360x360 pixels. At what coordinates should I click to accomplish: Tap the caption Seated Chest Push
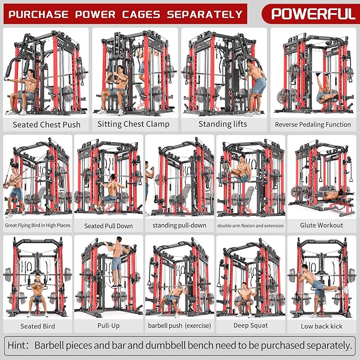pos(47,125)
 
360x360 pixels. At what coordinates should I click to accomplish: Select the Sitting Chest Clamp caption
pos(133,124)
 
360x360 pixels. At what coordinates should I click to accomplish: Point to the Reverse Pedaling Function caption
pos(313,125)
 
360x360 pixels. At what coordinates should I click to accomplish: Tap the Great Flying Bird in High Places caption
pos(37,225)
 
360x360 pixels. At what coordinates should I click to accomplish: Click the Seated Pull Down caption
pos(109,226)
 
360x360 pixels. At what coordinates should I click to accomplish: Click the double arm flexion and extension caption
pos(250,225)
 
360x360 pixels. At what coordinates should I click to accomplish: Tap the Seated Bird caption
pos(38,326)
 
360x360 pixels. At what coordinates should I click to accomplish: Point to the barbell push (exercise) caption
pos(179,325)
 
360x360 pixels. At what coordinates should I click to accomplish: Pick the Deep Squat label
pos(250,325)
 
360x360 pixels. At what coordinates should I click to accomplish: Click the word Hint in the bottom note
pos(19,345)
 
